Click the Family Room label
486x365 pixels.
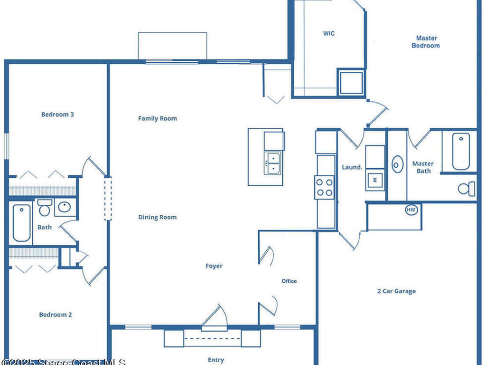click(x=157, y=118)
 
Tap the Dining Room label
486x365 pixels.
click(x=157, y=217)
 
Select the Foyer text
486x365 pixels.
click(x=214, y=266)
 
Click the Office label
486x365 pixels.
click(x=289, y=281)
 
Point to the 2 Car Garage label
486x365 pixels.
click(x=396, y=291)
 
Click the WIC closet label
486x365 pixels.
click(x=329, y=34)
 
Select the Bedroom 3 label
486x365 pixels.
click(x=57, y=115)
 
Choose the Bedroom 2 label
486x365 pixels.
click(x=56, y=315)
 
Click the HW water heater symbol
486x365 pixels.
click(x=411, y=210)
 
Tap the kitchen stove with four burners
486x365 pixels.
click(x=324, y=187)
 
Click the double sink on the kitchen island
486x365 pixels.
click(x=272, y=163)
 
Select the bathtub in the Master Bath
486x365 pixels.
click(x=460, y=151)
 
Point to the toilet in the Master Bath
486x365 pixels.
click(x=467, y=189)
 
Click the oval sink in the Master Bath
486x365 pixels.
click(x=397, y=164)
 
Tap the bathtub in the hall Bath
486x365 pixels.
click(x=21, y=222)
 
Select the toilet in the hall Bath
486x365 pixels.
click(x=44, y=208)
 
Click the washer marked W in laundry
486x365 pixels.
click(x=374, y=180)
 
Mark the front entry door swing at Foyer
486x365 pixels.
click(x=215, y=317)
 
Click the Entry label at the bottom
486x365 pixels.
click(x=215, y=360)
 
